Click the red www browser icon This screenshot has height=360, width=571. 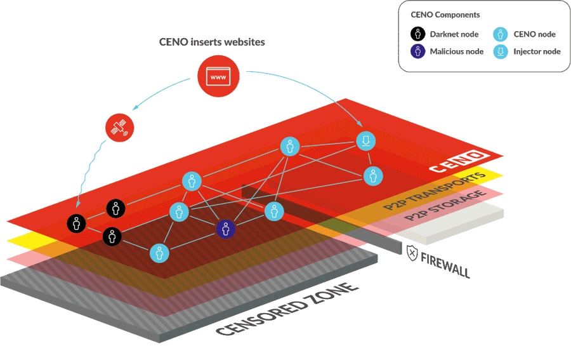click(x=218, y=76)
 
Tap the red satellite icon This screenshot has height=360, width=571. click(x=119, y=128)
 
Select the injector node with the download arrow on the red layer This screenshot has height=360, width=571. click(x=366, y=140)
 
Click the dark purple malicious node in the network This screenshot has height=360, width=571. click(x=226, y=229)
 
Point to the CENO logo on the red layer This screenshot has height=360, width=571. click(x=459, y=161)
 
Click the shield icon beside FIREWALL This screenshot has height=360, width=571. click(x=412, y=253)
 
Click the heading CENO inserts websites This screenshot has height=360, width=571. click(x=212, y=43)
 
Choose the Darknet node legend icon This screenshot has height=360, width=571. click(x=417, y=34)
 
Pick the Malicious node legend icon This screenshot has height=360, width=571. click(x=417, y=52)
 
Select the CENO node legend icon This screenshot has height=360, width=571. click(x=501, y=34)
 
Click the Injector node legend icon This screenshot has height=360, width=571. click(x=501, y=52)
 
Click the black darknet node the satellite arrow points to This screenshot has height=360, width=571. click(x=77, y=223)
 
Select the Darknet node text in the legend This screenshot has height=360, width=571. click(x=453, y=34)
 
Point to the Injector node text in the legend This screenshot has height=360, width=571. click(x=537, y=52)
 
